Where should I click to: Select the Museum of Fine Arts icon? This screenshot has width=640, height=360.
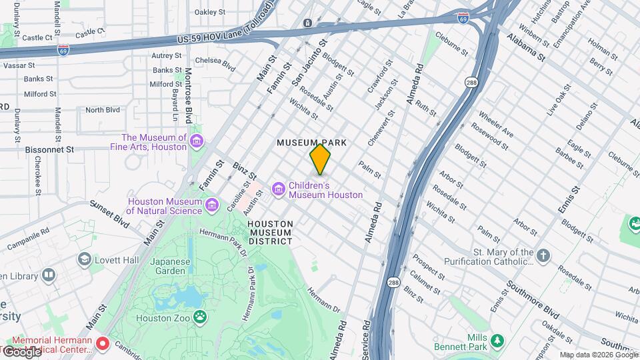coord(197,142)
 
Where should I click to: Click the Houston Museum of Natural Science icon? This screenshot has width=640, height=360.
coord(213,203)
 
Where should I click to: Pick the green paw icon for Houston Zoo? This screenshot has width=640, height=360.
coord(199,316)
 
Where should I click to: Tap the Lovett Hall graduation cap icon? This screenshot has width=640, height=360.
coord(85,258)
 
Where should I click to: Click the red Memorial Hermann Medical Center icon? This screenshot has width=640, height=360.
coord(102,345)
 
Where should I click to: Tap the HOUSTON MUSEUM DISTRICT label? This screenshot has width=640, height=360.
coord(269,232)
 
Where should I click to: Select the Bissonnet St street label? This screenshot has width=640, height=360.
coord(49,150)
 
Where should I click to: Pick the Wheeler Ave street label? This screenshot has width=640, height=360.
coord(495,121)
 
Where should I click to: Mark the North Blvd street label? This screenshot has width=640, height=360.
coord(102,110)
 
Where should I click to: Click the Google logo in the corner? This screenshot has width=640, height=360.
coord(21,351)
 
